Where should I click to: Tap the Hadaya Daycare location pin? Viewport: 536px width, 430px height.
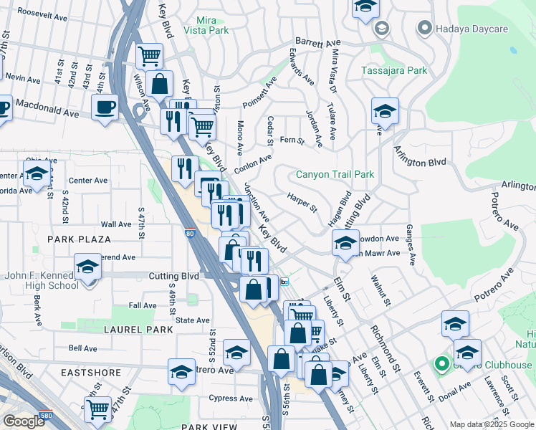tap(424, 29)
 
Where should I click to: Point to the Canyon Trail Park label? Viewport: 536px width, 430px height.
tap(335, 174)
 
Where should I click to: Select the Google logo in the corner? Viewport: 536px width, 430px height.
tap(23, 421)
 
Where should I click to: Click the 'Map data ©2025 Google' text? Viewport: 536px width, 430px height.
tap(492, 424)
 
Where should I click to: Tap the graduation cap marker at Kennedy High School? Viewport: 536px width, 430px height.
tap(88, 267)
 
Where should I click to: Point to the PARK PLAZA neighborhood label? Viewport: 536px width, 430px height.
tap(80, 239)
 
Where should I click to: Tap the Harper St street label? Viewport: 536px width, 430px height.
tap(301, 202)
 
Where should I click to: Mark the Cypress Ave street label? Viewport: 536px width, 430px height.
tap(231, 398)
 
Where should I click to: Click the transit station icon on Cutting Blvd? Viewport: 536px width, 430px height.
tap(284, 282)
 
